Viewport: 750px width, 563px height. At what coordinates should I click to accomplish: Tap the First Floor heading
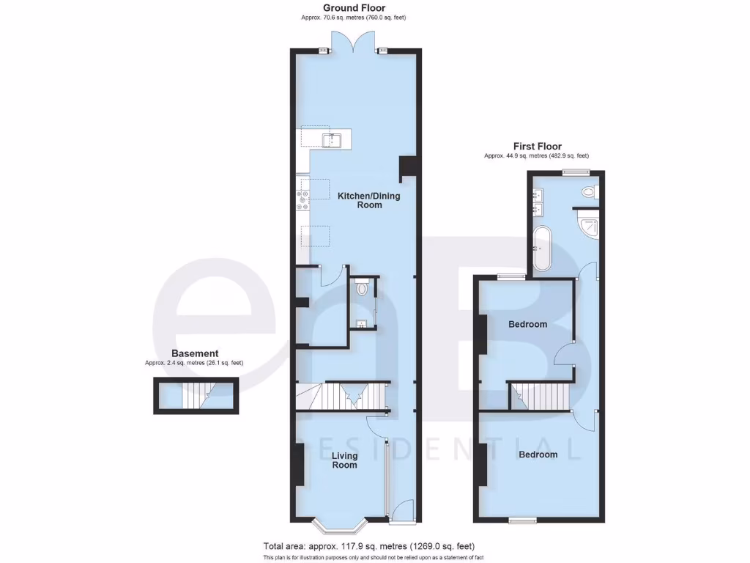tap(537, 147)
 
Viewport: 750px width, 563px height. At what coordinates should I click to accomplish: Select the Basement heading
tap(194, 353)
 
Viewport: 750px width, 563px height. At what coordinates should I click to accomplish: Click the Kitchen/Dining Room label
tap(359, 201)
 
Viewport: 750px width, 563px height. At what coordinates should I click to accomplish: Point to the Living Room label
tap(345, 460)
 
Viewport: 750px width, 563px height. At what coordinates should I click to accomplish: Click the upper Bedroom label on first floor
tap(528, 324)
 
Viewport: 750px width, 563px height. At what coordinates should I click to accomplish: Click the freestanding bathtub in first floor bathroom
tap(542, 249)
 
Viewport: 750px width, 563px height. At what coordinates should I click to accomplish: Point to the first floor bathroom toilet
tap(588, 193)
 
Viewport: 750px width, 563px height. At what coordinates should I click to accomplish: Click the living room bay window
tap(339, 525)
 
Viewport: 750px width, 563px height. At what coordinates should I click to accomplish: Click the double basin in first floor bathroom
tap(540, 202)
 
